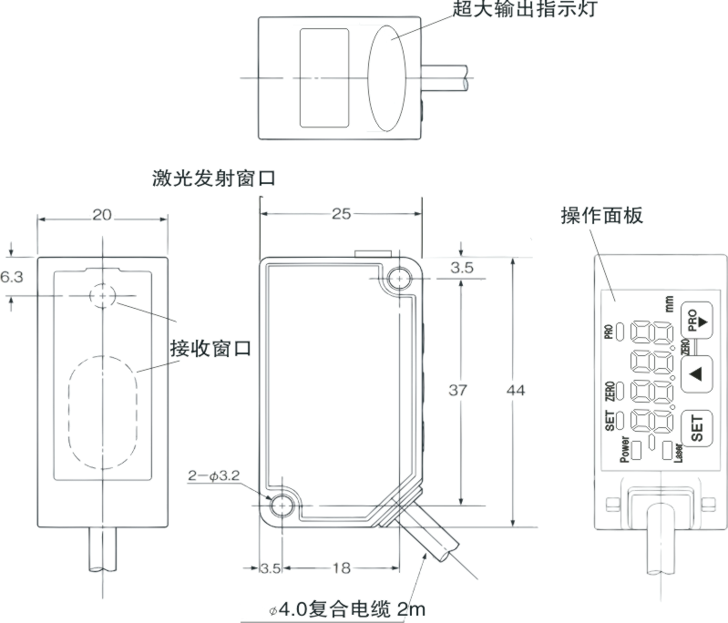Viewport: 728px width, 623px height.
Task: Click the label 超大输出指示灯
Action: (528, 10)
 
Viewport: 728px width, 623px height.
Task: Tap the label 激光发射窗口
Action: (214, 178)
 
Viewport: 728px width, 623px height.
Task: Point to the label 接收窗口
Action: (210, 348)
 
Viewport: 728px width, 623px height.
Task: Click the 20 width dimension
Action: (102, 215)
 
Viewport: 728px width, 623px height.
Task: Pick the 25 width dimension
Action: (341, 215)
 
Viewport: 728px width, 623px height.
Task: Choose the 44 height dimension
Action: (515, 390)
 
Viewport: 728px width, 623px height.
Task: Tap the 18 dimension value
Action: (341, 567)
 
